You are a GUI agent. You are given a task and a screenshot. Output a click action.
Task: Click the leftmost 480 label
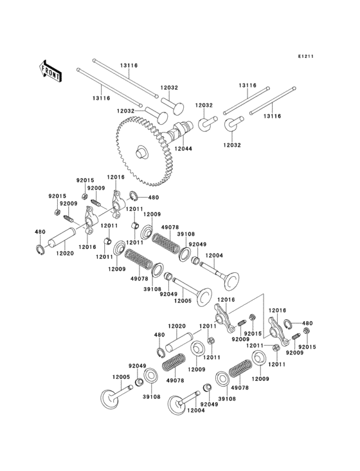point(40,232)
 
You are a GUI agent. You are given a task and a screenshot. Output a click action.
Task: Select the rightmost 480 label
point(307,323)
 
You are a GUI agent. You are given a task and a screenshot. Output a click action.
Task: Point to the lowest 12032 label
point(231,145)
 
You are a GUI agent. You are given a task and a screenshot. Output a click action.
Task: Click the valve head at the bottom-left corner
point(109,397)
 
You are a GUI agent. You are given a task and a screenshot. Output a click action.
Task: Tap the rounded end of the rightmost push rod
point(294,91)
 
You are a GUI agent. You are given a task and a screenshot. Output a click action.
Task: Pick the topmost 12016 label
point(116,176)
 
